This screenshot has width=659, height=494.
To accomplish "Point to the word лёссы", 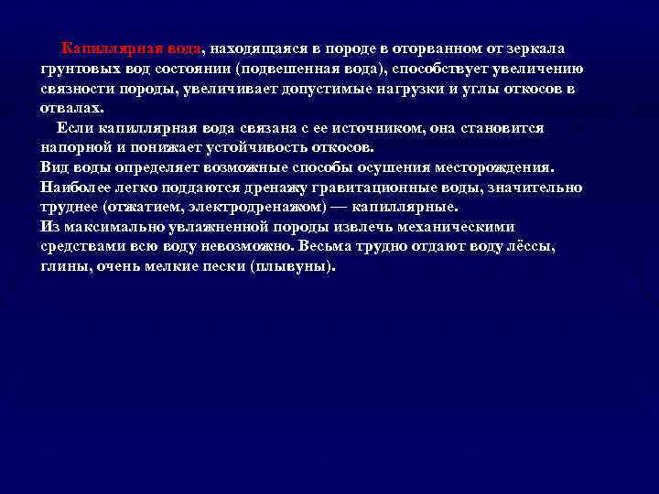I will (x=532, y=247).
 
